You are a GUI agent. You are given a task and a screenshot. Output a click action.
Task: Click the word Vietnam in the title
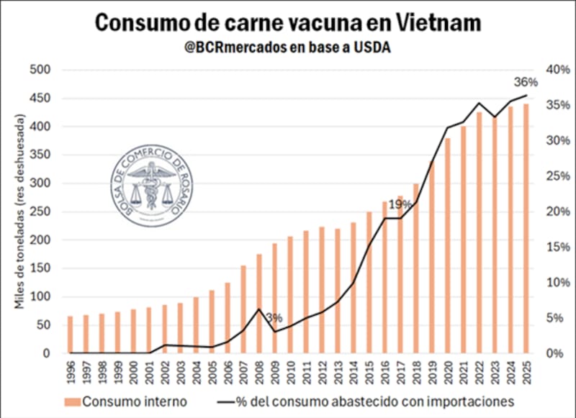(438, 23)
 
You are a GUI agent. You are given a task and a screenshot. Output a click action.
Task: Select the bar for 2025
(526, 229)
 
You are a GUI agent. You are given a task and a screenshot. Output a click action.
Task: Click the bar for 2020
(448, 245)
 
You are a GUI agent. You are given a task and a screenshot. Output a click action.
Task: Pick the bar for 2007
(243, 309)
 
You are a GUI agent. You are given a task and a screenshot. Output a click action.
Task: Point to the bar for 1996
(70, 335)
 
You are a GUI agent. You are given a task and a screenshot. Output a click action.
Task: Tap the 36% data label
(526, 81)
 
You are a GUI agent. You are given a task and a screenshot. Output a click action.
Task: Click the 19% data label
(400, 205)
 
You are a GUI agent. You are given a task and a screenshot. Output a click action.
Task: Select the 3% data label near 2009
(274, 317)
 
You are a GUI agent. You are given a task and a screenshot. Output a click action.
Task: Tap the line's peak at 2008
(258, 309)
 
